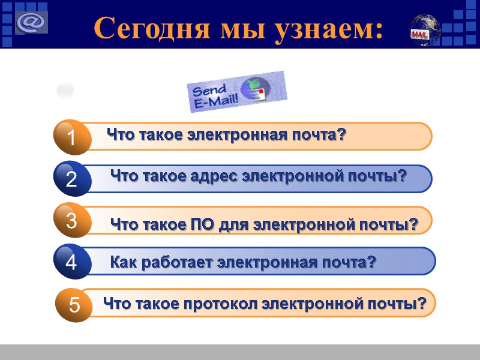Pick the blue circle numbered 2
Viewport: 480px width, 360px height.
pos(71,179)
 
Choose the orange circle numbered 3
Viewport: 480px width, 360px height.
pos(71,221)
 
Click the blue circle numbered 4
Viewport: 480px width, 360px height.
pos(71,262)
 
